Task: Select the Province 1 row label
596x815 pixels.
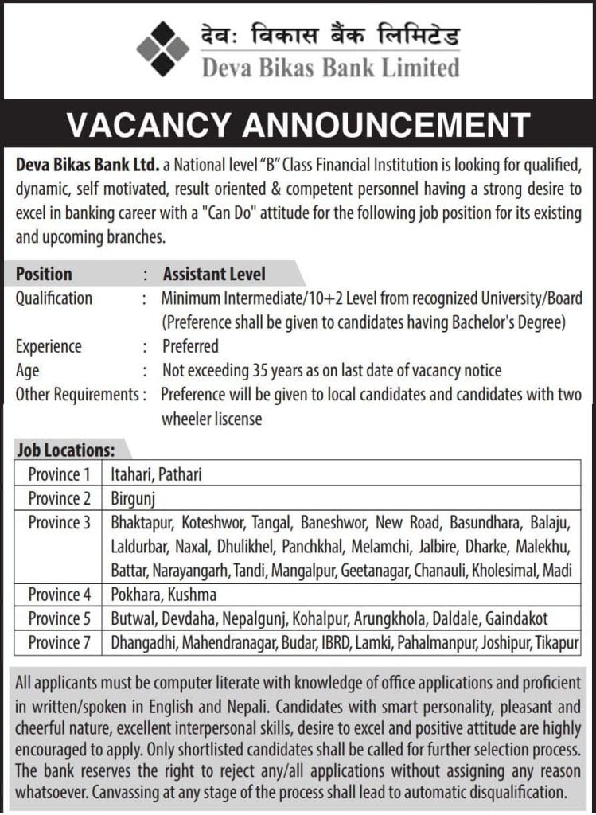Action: [x=59, y=475]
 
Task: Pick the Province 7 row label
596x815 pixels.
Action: [x=59, y=641]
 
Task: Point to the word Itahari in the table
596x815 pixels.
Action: [x=131, y=475]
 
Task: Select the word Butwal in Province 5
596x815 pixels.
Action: [x=133, y=618]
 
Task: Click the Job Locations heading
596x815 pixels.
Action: [x=66, y=450]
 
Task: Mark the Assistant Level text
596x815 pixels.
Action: [x=214, y=275]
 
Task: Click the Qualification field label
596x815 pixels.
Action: [x=54, y=298]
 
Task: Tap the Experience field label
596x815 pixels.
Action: [x=49, y=346]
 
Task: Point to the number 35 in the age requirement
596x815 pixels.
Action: [x=259, y=370]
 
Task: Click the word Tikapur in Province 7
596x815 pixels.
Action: [x=554, y=641]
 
